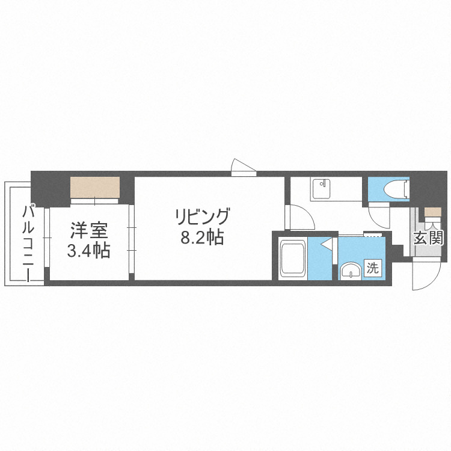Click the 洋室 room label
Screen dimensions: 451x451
click(x=88, y=230)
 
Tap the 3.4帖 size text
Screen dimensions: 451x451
click(x=88, y=250)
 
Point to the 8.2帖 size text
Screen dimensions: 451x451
click(x=203, y=238)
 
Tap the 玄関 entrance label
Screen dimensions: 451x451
click(x=428, y=238)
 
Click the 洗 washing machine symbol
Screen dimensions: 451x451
click(x=373, y=269)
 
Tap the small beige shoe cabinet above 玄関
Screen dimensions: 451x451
click(x=432, y=212)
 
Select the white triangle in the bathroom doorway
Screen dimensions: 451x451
click(x=327, y=245)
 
